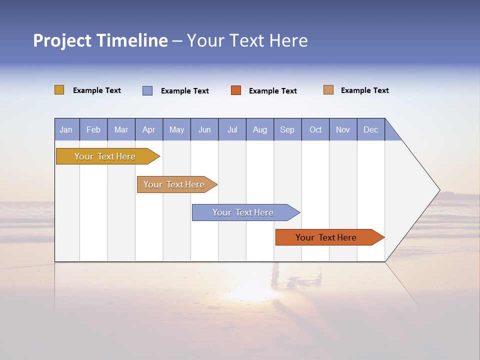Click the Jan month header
(66, 129)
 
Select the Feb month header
(93, 129)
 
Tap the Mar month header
(121, 129)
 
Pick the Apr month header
(149, 129)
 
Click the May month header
(176, 129)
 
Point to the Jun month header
(204, 129)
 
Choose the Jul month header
(232, 129)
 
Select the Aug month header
(260, 129)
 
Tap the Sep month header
(287, 129)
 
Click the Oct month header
(315, 129)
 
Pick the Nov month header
(343, 129)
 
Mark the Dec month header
(371, 129)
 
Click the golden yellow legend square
(59, 90)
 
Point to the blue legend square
(147, 90)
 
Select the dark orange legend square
(236, 90)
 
